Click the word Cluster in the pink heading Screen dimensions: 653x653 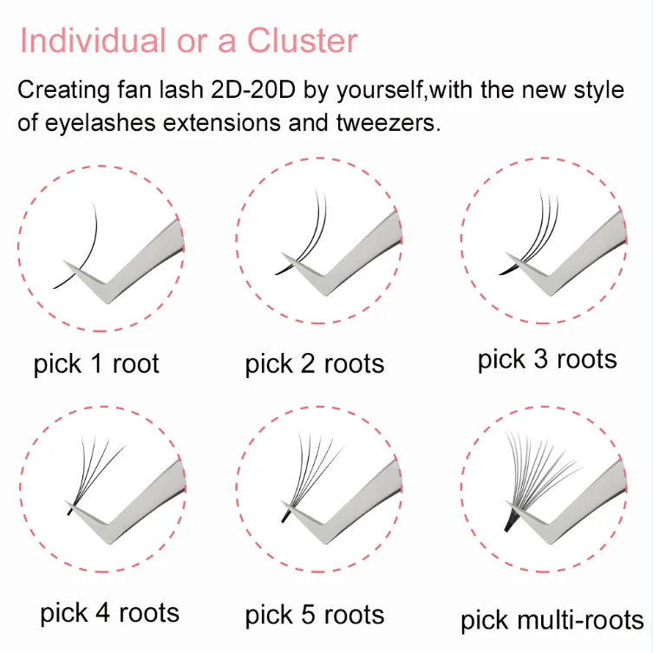click(x=303, y=41)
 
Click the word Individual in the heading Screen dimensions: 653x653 click(x=93, y=41)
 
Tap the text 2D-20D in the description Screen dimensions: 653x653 click(x=253, y=89)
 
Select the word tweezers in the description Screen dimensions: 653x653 click(x=389, y=123)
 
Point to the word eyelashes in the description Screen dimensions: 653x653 click(x=100, y=123)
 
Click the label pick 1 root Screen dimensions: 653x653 click(x=96, y=364)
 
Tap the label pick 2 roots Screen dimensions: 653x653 click(x=315, y=364)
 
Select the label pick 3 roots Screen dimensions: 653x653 click(x=547, y=360)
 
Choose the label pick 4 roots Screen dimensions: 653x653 click(x=109, y=613)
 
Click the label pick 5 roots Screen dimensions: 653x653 click(x=315, y=616)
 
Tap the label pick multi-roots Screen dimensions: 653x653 click(x=552, y=621)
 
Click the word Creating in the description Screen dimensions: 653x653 click(x=63, y=90)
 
